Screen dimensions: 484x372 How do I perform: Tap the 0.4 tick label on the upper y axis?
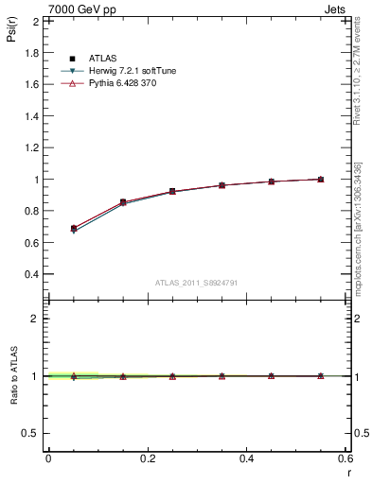click(32, 274)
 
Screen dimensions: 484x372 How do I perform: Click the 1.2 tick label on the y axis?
click(32, 147)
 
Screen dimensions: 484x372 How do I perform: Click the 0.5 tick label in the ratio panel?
click(32, 433)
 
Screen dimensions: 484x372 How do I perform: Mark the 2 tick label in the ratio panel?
click(36, 319)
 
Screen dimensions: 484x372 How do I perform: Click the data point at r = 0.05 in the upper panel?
click(73, 229)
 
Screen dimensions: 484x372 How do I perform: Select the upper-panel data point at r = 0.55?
click(321, 179)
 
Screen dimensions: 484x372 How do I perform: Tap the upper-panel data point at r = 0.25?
click(172, 191)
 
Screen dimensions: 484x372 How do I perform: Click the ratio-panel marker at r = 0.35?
click(221, 375)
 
